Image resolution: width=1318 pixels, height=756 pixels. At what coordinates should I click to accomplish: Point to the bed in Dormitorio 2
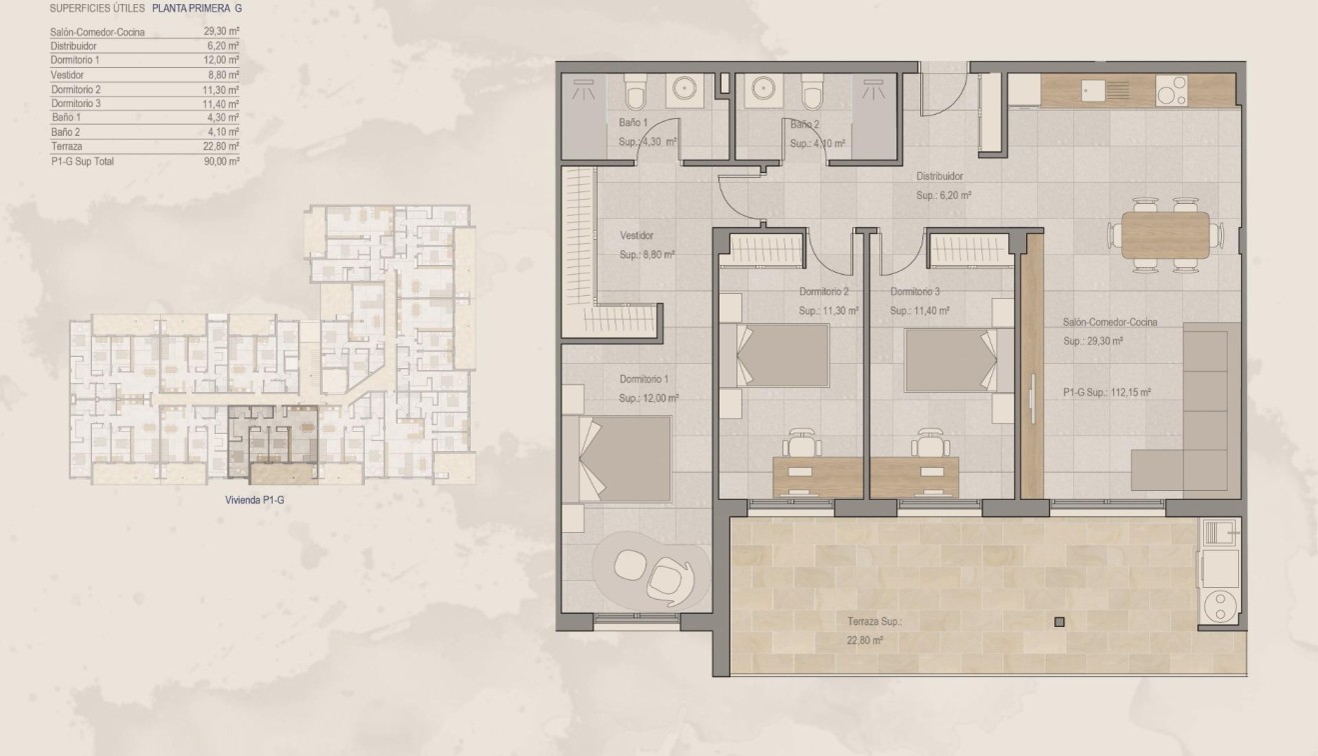[x=784, y=355]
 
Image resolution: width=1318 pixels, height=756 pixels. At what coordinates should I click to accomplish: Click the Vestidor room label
[x=637, y=236]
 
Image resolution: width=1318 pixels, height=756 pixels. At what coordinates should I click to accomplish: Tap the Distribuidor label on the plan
[x=939, y=176]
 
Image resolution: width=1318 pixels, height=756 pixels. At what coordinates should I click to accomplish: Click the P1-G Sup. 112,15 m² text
[x=1107, y=393]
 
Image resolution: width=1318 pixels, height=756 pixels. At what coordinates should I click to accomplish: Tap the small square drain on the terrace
[x=1059, y=622]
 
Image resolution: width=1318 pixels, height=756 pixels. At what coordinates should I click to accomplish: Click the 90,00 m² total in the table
[x=222, y=161]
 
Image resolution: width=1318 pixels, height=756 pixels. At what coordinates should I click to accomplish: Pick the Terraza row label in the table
[x=66, y=146]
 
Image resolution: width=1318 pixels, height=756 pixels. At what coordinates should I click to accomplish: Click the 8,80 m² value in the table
[x=222, y=75]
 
